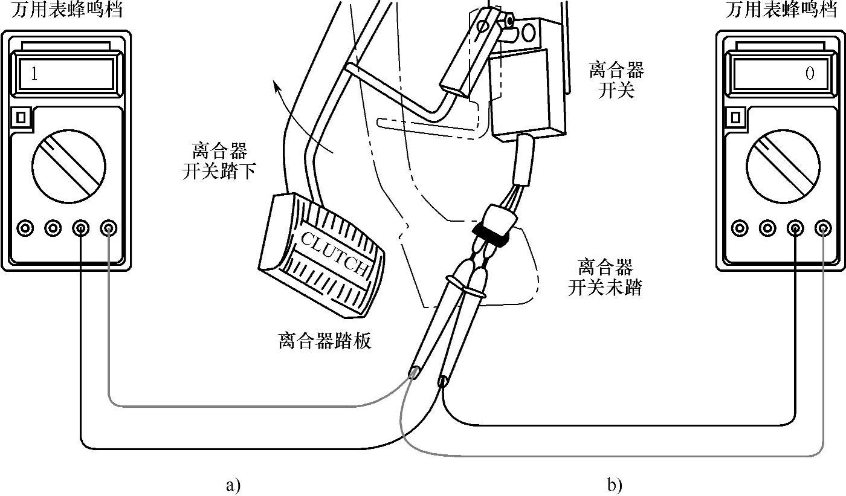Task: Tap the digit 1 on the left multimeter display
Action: (x=34, y=74)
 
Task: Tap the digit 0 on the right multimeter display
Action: (x=810, y=74)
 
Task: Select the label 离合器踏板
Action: (x=325, y=341)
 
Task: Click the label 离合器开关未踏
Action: (x=605, y=277)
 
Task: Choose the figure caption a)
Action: (x=233, y=485)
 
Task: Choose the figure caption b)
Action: (x=615, y=485)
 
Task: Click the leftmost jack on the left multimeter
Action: (x=25, y=228)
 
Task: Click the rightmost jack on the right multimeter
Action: (x=822, y=228)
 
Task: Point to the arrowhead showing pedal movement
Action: (x=277, y=89)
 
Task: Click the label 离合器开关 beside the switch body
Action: (x=616, y=81)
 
